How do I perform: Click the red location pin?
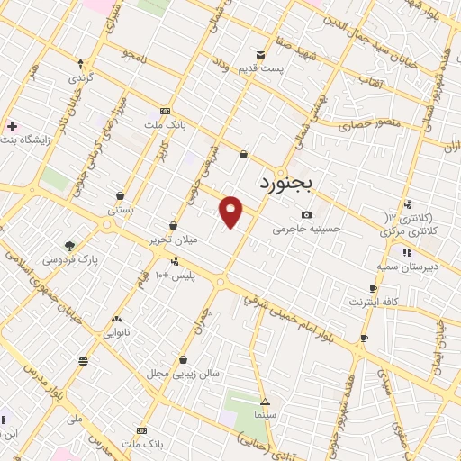point(231,212)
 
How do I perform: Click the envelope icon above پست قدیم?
point(261,54)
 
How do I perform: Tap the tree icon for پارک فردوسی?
point(69,244)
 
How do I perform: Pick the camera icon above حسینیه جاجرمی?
point(307,214)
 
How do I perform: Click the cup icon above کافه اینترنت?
point(373,289)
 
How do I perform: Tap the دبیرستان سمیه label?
point(406,267)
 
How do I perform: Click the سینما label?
point(265,417)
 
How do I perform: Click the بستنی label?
point(121,209)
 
